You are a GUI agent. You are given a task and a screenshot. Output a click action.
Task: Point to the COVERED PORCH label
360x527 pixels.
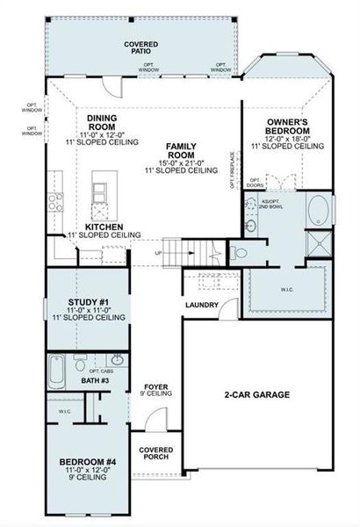155,453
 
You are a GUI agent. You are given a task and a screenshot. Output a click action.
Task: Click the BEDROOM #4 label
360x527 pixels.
88,462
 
